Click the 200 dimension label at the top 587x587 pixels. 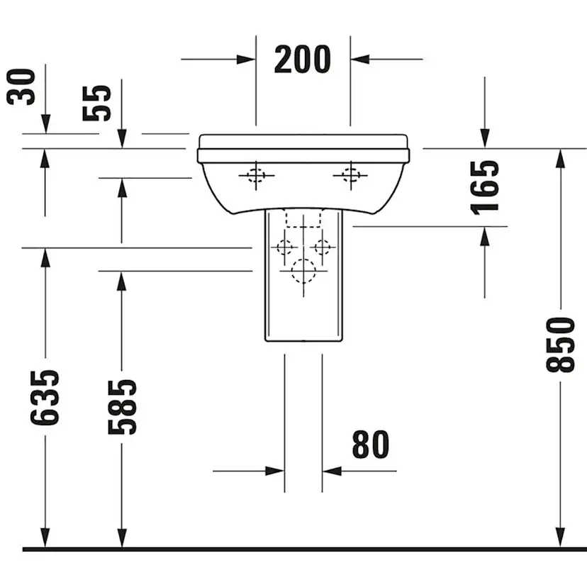[302, 60]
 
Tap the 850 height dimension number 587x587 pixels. [560, 345]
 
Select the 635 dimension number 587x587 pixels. [45, 397]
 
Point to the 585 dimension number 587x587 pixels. [121, 406]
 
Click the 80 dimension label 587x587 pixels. [371, 445]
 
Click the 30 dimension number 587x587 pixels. [22, 86]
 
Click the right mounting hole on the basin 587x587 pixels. [350, 174]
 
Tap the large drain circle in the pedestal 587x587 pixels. [303, 270]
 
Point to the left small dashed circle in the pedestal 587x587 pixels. [284, 247]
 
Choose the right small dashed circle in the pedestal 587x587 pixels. [323, 247]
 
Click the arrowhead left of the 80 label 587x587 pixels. [275, 470]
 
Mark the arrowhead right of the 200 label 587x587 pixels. [360, 60]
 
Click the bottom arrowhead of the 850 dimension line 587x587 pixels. [560, 539]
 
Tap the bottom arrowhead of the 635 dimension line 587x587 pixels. [45, 539]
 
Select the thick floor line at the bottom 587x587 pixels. [305, 549]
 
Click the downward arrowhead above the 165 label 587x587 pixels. [485, 139]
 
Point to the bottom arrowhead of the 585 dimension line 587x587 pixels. [121, 539]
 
